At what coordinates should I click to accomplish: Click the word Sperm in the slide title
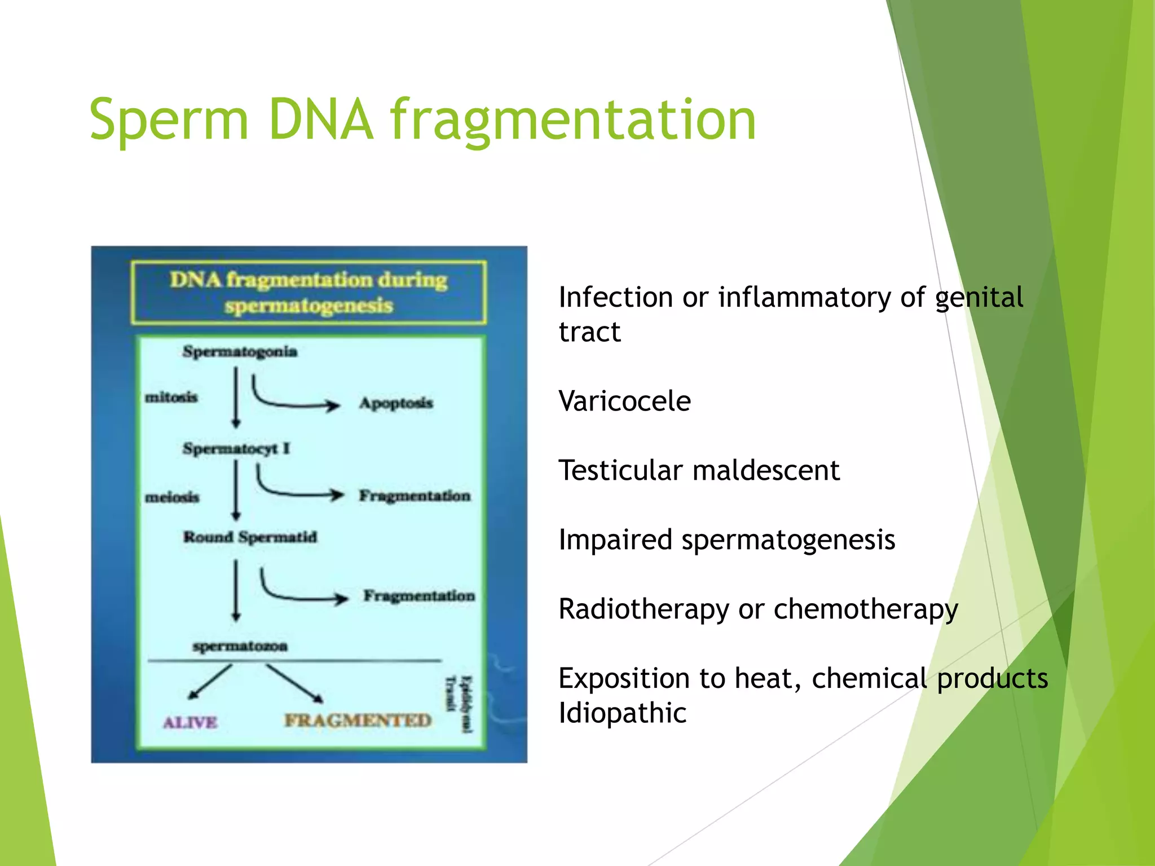coord(168,120)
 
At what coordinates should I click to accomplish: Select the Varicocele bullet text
coord(624,401)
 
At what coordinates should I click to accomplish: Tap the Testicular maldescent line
coord(699,470)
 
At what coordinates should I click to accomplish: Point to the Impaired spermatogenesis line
coord(726,540)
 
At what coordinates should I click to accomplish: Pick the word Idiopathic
coord(622,713)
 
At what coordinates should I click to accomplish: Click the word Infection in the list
coord(615,297)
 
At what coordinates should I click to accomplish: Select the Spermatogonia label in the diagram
coord(240,352)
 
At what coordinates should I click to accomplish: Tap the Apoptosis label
coord(396,403)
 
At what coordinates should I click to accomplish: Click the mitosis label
coord(171,397)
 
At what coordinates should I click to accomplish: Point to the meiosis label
coord(172,497)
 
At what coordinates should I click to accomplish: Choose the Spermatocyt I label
coord(236,449)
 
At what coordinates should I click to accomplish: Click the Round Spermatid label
coord(250,537)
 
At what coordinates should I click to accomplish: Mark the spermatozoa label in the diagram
coord(240,646)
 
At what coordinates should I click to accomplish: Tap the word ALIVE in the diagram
coord(190,722)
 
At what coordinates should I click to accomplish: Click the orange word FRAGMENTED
coord(358,721)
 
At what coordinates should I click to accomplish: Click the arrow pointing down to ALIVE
coord(210,682)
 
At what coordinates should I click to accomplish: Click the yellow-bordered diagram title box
coord(308,292)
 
